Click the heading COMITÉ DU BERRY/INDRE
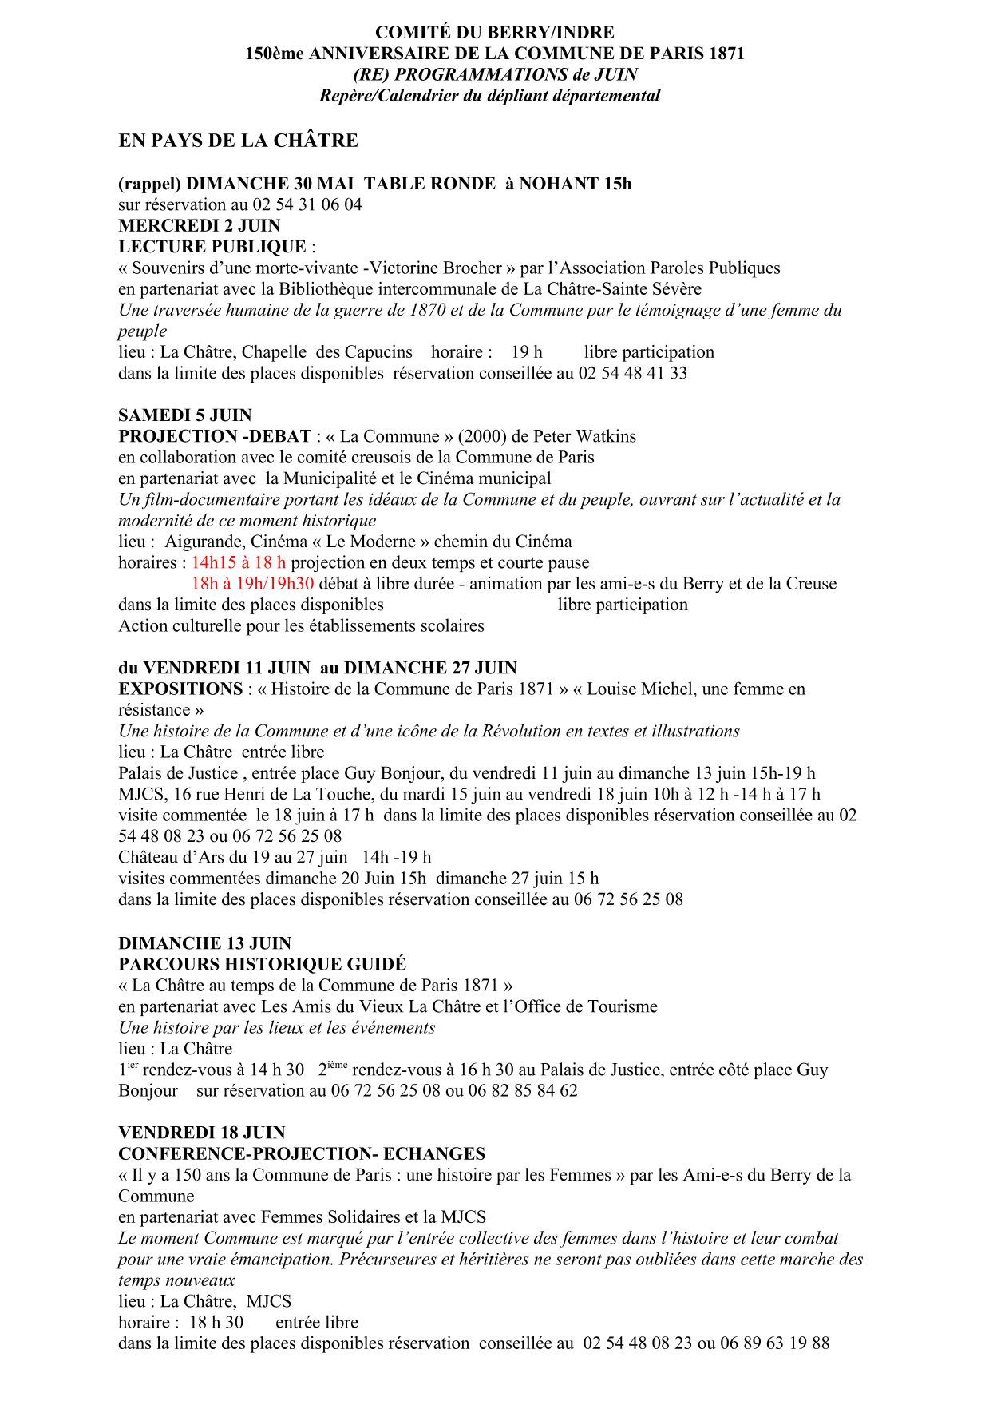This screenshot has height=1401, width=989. [494, 33]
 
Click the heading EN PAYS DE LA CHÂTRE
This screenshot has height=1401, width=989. [238, 141]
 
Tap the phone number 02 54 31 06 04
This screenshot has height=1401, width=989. [307, 204]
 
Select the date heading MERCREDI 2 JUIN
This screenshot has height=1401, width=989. [199, 225]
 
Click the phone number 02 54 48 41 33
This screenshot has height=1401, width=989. [632, 373]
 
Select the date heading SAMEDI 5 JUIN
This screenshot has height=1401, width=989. [184, 415]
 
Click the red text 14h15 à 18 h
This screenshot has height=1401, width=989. [238, 562]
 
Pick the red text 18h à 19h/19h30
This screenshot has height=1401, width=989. [252, 583]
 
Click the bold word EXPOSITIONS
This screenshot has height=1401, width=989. [180, 689]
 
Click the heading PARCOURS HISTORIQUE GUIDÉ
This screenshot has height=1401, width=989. [262, 964]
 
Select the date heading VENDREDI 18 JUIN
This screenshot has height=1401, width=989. [201, 1133]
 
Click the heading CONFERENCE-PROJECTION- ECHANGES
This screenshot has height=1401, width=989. [302, 1153]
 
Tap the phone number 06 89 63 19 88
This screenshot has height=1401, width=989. [774, 1343]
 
